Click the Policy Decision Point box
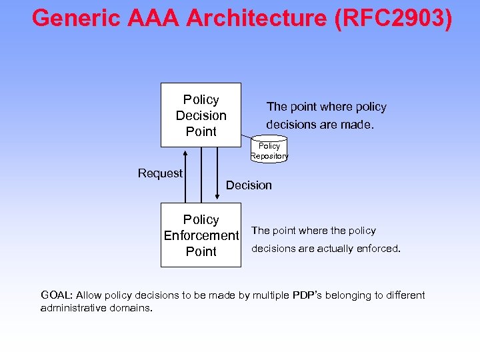(201, 115)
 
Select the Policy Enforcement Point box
(201, 235)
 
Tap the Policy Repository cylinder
(269, 150)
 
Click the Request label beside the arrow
(160, 173)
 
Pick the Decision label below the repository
(249, 185)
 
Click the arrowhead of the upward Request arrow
(185, 152)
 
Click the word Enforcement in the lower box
(201, 235)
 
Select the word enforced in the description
(377, 249)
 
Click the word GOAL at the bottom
(57, 295)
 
